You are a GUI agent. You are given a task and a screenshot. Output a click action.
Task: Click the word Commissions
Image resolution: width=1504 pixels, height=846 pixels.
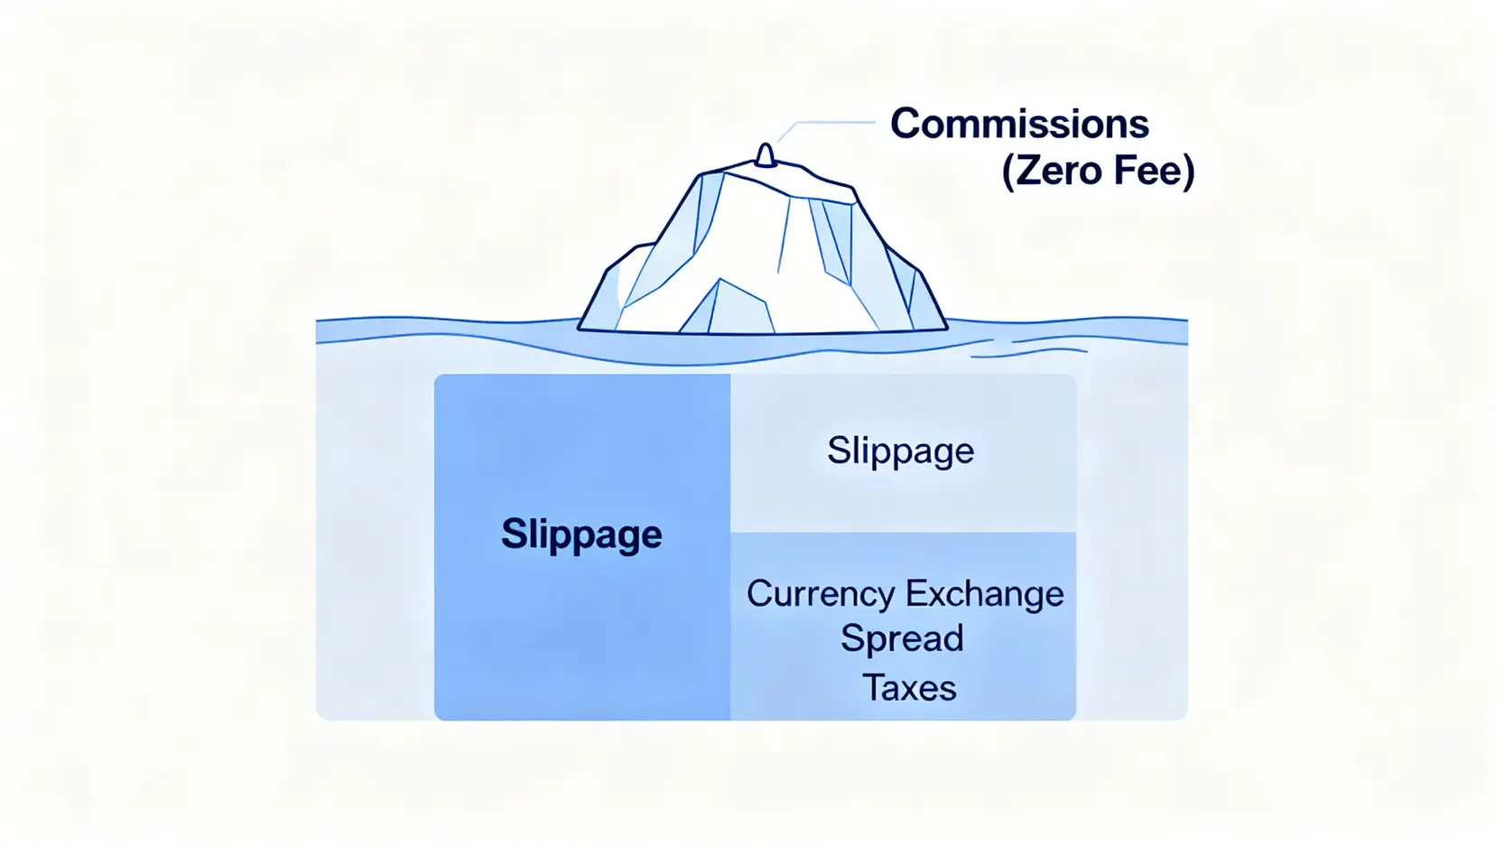[1019, 124]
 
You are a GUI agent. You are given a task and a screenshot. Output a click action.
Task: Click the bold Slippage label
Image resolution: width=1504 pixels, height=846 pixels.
[581, 535]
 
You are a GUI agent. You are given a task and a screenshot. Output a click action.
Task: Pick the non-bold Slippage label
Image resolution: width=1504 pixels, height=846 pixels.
[900, 451]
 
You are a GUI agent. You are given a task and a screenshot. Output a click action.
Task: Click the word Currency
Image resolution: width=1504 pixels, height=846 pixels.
[821, 594]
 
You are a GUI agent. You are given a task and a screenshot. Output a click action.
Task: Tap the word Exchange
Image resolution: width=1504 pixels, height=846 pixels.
[984, 593]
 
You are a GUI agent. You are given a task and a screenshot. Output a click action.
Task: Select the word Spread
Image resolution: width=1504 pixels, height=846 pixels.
[902, 639]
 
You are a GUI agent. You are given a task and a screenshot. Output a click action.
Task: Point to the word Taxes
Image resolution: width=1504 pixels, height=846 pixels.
[909, 688]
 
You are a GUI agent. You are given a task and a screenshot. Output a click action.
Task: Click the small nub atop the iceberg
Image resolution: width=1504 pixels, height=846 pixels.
[766, 155]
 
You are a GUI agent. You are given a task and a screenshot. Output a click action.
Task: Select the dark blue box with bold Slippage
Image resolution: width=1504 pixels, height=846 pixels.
[582, 547]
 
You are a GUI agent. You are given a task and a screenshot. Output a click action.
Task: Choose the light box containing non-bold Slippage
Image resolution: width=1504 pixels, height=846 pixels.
[903, 453]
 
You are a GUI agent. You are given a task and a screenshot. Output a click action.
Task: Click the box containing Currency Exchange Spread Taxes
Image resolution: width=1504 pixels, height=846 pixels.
[903, 627]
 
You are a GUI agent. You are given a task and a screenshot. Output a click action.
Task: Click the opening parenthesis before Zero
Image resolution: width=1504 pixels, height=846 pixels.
[1008, 172]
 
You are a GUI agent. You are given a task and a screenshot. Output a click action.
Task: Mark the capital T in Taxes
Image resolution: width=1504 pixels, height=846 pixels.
[873, 688]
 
